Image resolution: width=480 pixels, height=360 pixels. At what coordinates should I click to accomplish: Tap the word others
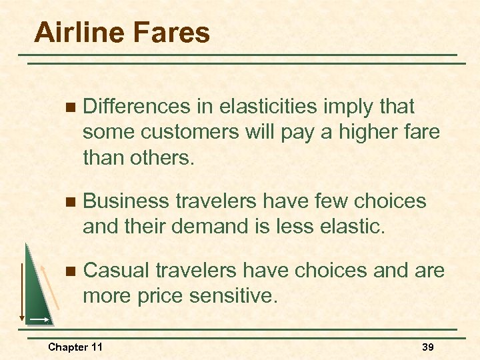pyautogui.click(x=159, y=157)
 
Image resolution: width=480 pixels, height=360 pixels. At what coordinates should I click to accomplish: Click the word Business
pyautogui.click(x=131, y=201)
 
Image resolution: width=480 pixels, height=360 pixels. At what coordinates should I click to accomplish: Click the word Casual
pyautogui.click(x=117, y=271)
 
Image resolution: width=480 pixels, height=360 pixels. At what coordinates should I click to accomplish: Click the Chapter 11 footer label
pyautogui.click(x=75, y=347)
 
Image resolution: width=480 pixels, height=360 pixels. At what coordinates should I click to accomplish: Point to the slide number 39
pyautogui.click(x=428, y=347)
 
